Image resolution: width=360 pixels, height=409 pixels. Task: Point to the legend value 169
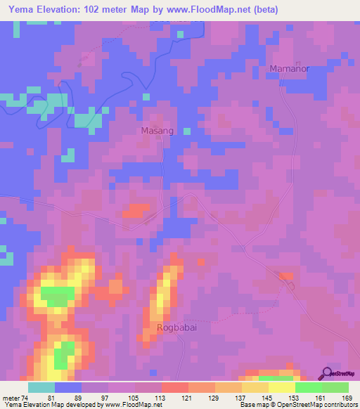tap(347, 397)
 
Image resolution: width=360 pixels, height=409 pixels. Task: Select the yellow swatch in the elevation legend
tap(281, 387)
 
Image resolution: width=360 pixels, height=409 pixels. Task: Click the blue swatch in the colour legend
tap(67, 387)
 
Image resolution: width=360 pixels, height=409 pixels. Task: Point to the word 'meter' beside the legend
tap(10, 397)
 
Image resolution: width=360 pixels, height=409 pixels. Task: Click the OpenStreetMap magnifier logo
tap(328, 375)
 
